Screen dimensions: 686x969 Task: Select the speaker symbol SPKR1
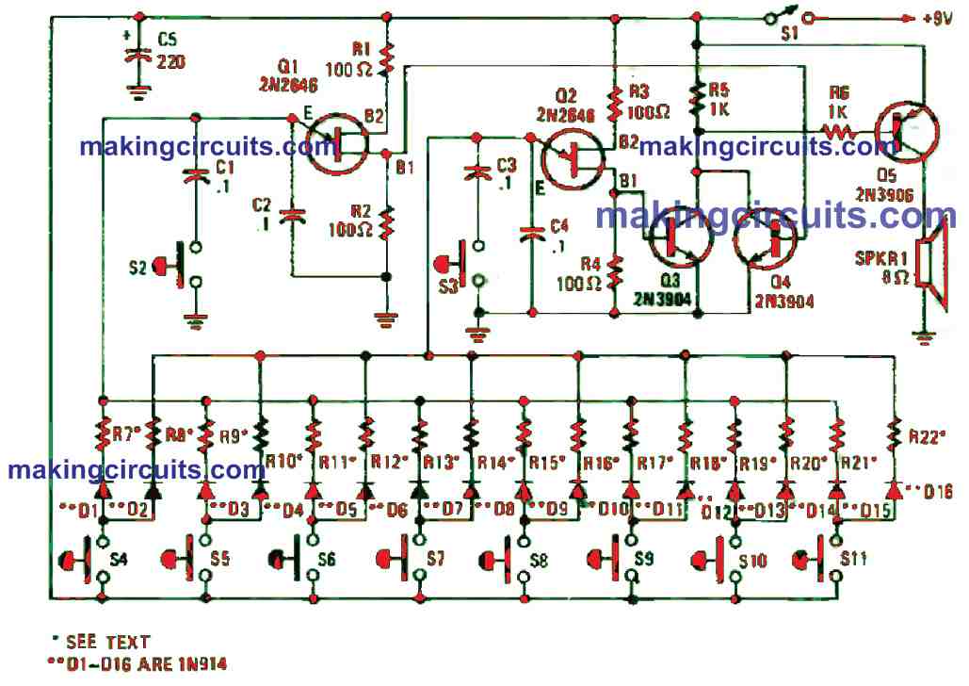(935, 272)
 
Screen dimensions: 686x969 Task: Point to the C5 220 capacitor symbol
(139, 56)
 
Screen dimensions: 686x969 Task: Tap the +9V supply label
(935, 17)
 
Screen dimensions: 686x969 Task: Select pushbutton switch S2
(185, 268)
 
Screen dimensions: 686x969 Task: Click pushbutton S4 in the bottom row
(90, 562)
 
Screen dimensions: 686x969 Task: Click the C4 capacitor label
(559, 226)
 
